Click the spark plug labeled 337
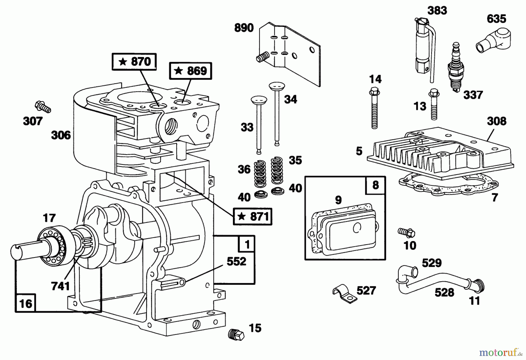(454, 68)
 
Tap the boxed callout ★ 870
(134, 62)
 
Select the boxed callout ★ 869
(190, 71)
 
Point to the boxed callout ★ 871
(252, 216)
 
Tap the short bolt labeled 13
(434, 105)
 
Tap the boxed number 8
(376, 185)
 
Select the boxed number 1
(247, 244)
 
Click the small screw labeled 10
(406, 232)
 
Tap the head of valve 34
(276, 87)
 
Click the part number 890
(244, 28)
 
